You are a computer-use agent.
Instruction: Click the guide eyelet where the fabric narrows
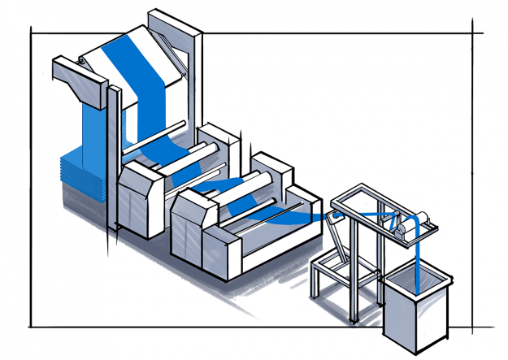point(331,216)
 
